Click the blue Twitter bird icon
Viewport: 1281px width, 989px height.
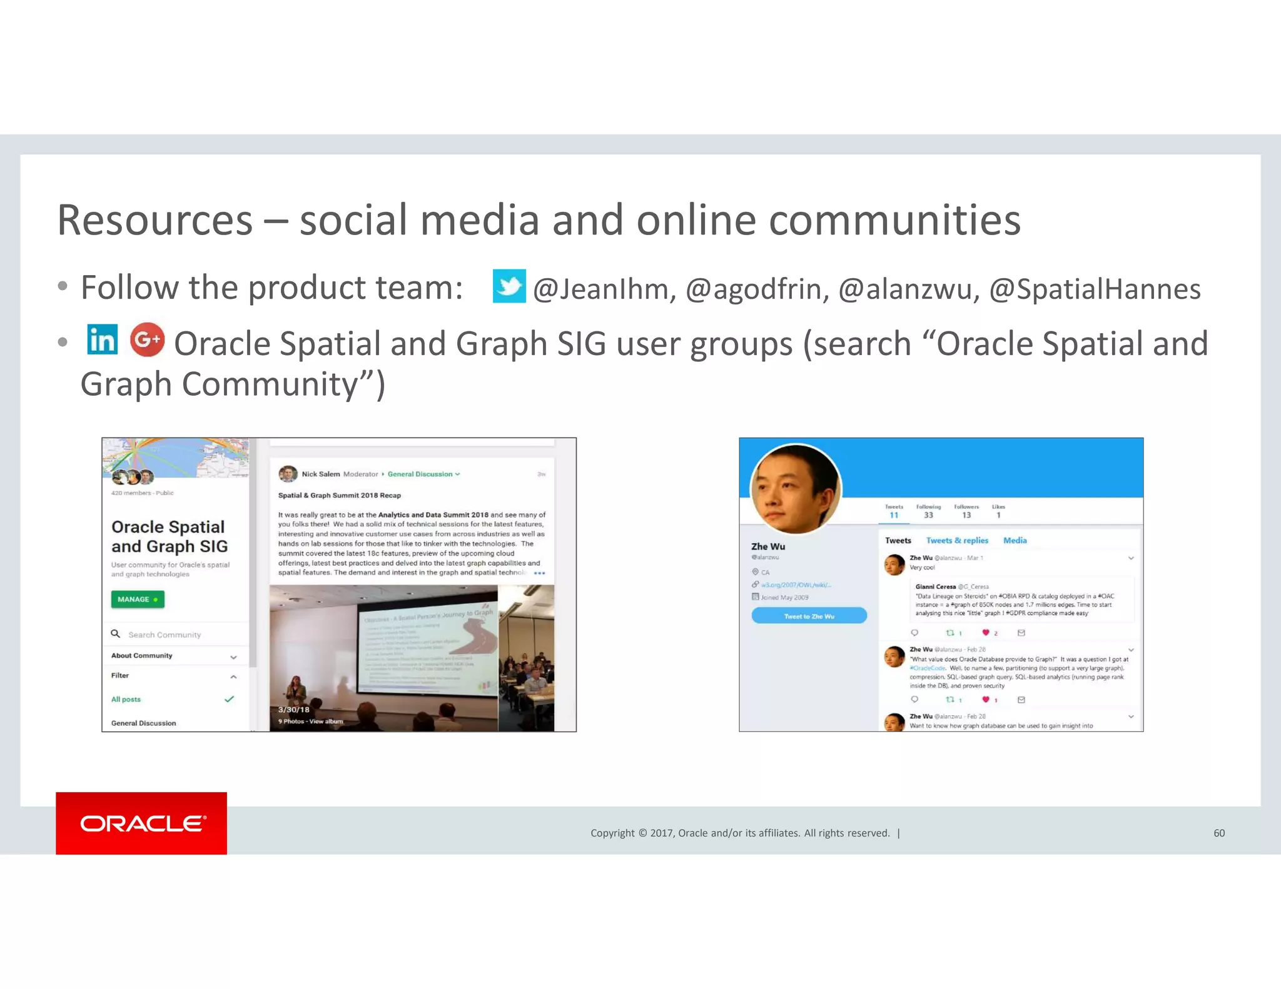pyautogui.click(x=509, y=286)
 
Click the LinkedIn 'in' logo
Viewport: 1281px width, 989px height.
pyautogui.click(x=102, y=340)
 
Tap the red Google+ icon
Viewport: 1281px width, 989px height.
pyautogui.click(x=147, y=339)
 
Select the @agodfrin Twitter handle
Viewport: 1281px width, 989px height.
pyautogui.click(x=757, y=289)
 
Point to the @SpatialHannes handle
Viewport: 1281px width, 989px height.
pyautogui.click(x=1095, y=289)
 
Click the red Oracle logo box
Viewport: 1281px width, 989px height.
pyautogui.click(x=141, y=823)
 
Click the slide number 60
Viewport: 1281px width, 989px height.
pyautogui.click(x=1219, y=833)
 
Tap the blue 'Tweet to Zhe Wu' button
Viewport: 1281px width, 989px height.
pyautogui.click(x=809, y=616)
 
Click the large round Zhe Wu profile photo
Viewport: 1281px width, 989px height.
pyautogui.click(x=796, y=488)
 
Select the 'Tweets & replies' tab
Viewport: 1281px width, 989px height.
pyautogui.click(x=957, y=540)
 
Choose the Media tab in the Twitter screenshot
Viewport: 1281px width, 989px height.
pyautogui.click(x=1015, y=540)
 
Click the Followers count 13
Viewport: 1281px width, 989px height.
pyautogui.click(x=966, y=515)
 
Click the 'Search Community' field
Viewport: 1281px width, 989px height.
pyautogui.click(x=165, y=635)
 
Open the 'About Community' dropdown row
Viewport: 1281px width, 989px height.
pyautogui.click(x=173, y=656)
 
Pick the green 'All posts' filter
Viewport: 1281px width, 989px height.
pyautogui.click(x=126, y=699)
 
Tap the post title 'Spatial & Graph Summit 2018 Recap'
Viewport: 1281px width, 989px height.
pyautogui.click(x=340, y=495)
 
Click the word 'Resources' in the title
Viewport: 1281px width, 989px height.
pyautogui.click(x=154, y=220)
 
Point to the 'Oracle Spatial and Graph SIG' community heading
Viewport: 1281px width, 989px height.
pyautogui.click(x=170, y=536)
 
